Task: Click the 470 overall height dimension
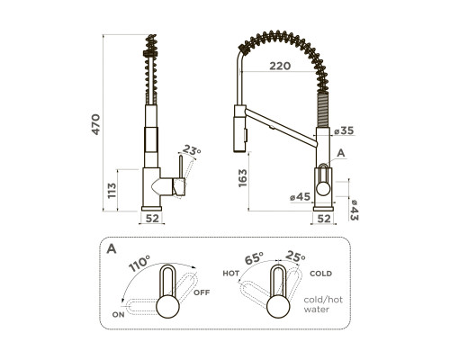(x=95, y=124)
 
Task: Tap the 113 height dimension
(x=112, y=190)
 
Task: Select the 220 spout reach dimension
(x=280, y=66)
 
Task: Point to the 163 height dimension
(x=242, y=178)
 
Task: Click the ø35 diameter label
(x=345, y=130)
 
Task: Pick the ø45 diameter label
(x=301, y=197)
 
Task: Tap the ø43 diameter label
(x=354, y=210)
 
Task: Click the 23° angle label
(x=192, y=149)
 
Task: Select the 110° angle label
(x=139, y=263)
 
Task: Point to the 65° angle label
(x=254, y=258)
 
